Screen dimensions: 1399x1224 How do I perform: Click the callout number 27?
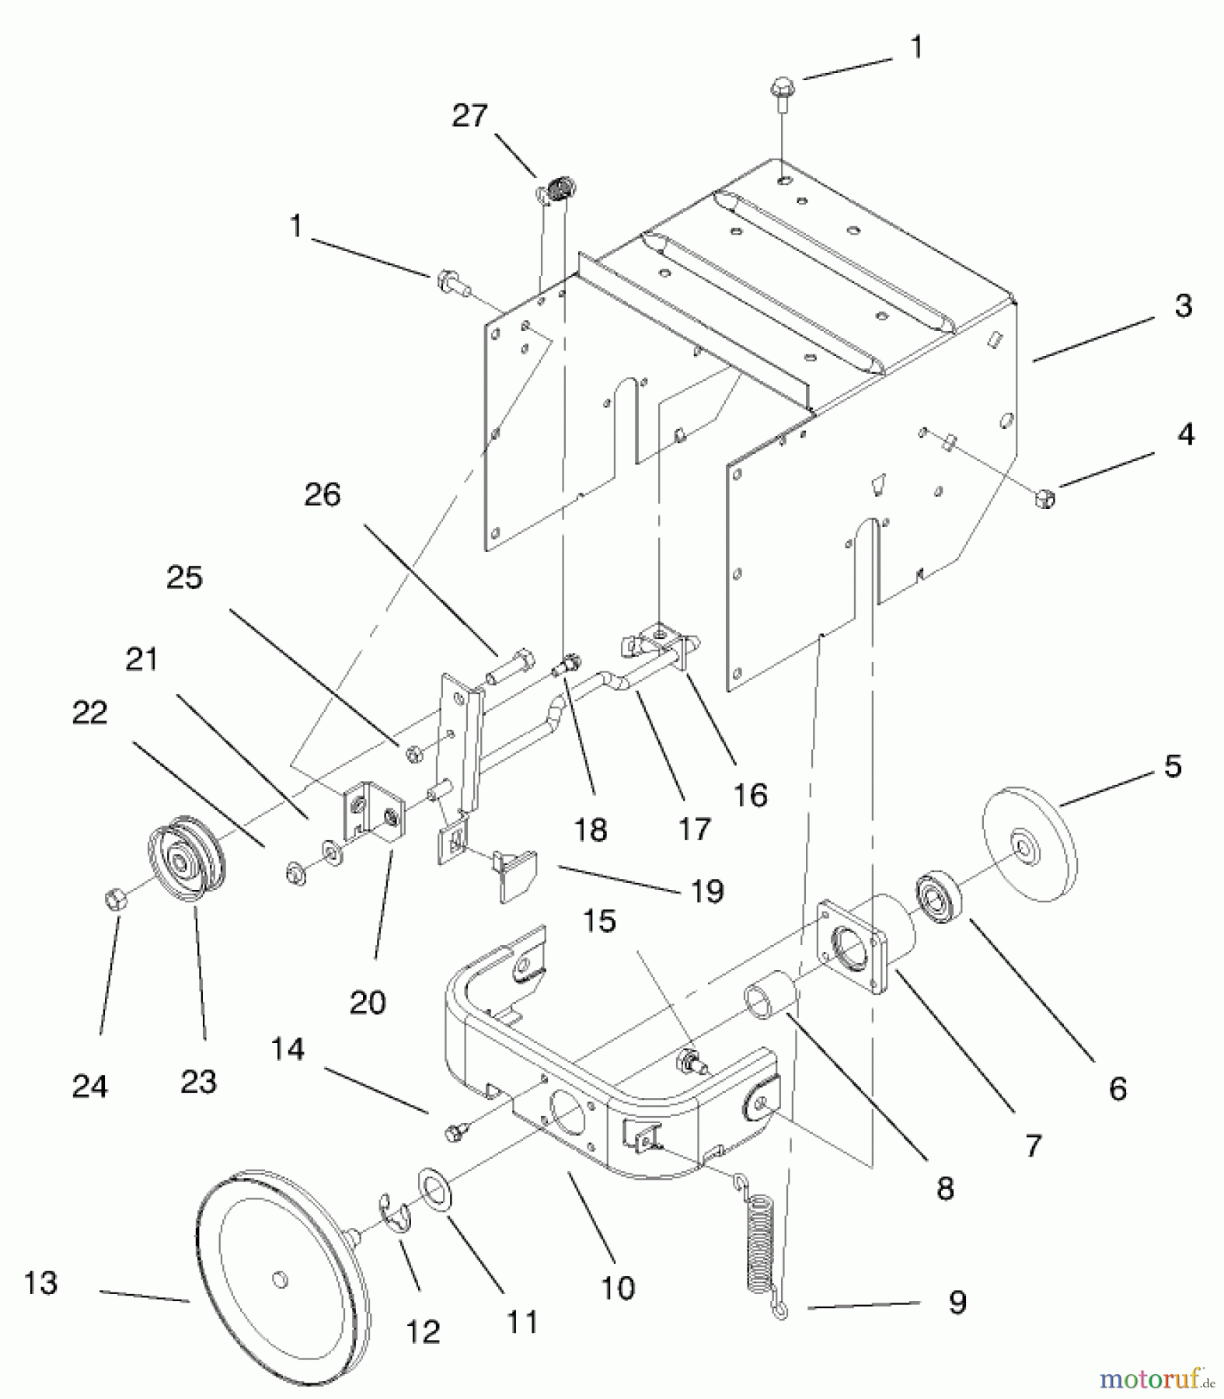469,117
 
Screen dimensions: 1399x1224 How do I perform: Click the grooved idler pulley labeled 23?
187,858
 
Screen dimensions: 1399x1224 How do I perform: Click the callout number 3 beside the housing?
1183,306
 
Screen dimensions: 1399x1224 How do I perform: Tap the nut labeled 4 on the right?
1046,497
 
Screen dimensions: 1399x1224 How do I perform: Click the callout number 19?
707,891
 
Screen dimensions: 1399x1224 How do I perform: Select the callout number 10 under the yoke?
618,1288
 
